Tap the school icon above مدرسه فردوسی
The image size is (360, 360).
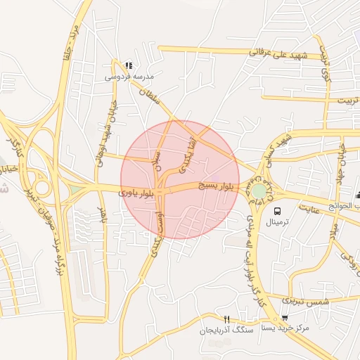pyautogui.click(x=128, y=65)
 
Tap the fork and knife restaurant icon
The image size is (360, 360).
pyautogui.click(x=226, y=319)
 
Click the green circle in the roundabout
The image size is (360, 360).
pyautogui.click(x=260, y=191)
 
